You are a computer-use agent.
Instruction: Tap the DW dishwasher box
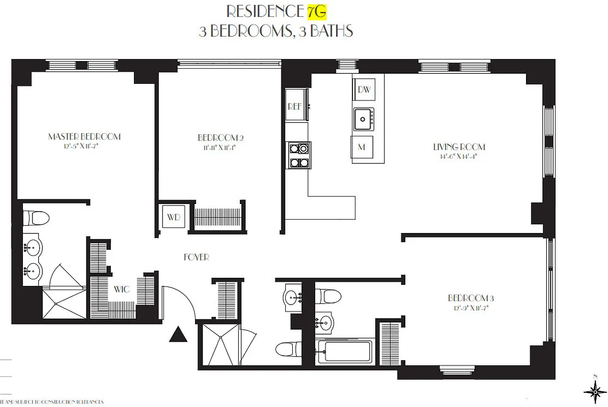pos(364,90)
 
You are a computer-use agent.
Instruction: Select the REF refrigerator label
pos(295,107)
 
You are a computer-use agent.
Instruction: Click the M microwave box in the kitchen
pos(362,148)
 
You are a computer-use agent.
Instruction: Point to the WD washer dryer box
pos(174,217)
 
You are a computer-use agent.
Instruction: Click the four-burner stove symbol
pos(298,156)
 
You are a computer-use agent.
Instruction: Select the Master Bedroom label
pos(84,136)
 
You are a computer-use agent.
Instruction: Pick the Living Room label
pos(459,147)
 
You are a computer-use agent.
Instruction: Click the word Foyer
pos(197,257)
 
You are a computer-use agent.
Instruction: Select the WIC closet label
pos(122,289)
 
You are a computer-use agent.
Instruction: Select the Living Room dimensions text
pos(459,157)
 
